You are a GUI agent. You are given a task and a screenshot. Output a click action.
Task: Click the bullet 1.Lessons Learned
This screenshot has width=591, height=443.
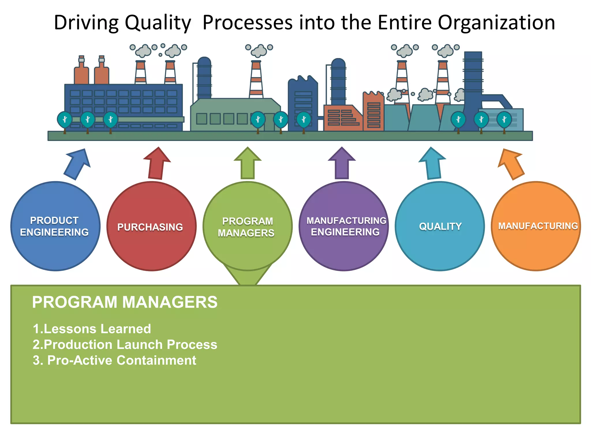[92, 329]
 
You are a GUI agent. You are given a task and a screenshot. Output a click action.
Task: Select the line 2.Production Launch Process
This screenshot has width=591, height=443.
[125, 345]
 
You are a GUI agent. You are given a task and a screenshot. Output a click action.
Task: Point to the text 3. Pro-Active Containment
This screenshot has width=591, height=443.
[115, 361]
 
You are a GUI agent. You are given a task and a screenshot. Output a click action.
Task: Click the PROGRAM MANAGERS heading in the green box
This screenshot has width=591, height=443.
[125, 302]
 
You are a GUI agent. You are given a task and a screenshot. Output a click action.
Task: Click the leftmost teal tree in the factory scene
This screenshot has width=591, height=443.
[65, 120]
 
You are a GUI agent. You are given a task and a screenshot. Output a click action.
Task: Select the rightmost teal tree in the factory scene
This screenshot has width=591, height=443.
[504, 120]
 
